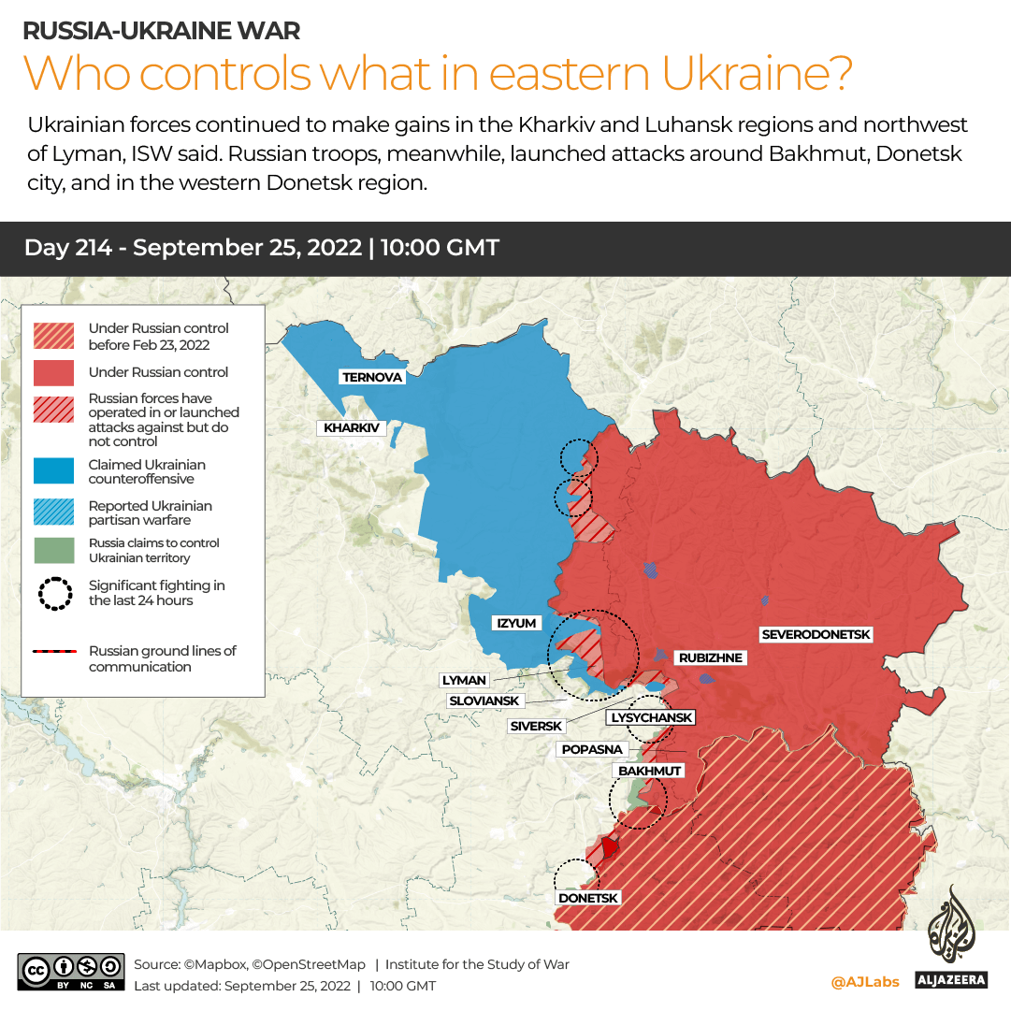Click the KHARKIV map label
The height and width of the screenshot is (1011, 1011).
[351, 427]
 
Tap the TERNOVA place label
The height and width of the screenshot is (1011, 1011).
[372, 377]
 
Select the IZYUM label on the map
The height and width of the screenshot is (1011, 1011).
[516, 623]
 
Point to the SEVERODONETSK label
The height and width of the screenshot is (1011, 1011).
[816, 634]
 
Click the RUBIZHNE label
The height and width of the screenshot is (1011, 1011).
[710, 657]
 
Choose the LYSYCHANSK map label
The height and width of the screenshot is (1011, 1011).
[651, 717]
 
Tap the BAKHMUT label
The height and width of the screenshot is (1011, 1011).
[649, 770]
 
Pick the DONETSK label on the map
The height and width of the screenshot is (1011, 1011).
[588, 898]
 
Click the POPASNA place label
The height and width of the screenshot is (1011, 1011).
[592, 749]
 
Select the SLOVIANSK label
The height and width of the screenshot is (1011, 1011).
[484, 700]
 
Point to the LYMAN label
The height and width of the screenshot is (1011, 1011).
[464, 680]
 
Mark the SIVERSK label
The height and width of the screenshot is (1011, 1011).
[536, 726]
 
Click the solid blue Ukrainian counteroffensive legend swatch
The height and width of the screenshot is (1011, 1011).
[53, 471]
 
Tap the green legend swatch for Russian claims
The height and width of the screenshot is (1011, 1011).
[53, 550]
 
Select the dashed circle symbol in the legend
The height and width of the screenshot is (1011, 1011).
[54, 593]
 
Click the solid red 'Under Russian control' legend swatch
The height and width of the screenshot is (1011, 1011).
[53, 372]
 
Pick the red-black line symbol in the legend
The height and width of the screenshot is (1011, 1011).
[53, 652]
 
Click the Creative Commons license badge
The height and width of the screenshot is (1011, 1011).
[71, 973]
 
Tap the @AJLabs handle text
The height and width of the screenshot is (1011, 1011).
[864, 981]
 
